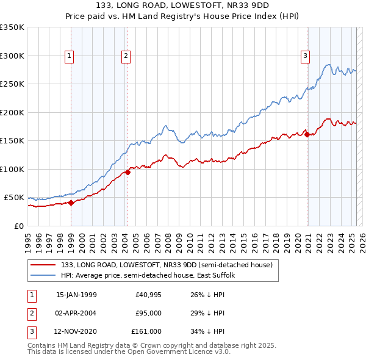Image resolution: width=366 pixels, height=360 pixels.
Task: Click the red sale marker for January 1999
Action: pos(71,203)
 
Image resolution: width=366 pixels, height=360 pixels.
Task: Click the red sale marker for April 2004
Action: pos(128,172)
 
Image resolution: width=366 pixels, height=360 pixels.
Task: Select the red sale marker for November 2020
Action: pos(307,135)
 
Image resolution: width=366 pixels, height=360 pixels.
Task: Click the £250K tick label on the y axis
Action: pos(12,84)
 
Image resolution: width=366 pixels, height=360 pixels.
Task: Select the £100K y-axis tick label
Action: pos(12,169)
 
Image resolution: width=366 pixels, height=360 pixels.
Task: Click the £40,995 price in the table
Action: pos(148,294)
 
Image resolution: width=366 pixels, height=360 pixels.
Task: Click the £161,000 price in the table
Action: pos(146,332)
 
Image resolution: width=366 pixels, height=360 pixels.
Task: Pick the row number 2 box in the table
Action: pos(31,313)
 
